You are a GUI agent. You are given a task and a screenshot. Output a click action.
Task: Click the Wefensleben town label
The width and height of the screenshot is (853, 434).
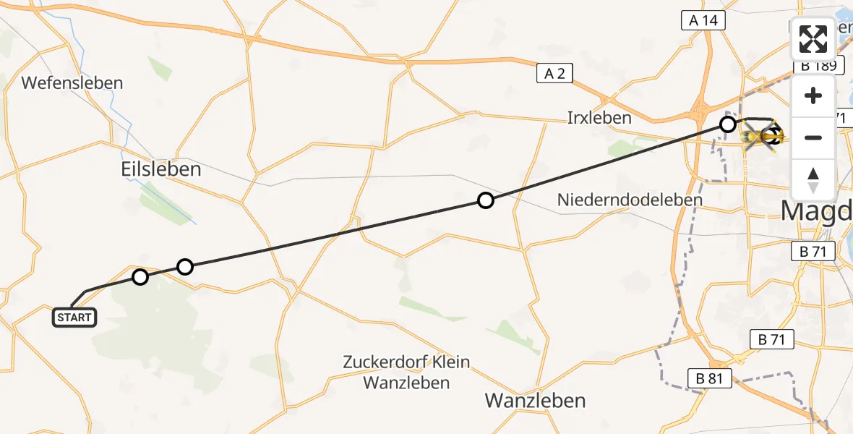(x=72, y=83)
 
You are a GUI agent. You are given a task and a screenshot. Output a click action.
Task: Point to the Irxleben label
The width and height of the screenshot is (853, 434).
(x=600, y=118)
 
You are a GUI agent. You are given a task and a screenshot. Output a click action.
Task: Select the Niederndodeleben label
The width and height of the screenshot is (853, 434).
(x=630, y=200)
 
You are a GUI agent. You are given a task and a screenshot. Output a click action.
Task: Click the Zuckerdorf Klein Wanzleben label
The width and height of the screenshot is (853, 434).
(x=406, y=372)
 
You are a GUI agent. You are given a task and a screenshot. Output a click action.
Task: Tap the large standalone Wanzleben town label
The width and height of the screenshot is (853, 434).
(x=535, y=400)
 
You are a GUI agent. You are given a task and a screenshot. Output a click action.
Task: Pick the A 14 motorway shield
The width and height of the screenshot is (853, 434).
(x=703, y=21)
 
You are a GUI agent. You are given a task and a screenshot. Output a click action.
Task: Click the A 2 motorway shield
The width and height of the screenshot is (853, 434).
(x=554, y=73)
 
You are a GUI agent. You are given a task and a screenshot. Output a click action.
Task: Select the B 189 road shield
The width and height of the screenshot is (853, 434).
(x=817, y=66)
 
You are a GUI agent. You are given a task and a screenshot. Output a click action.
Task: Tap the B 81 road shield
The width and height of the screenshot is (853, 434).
(x=709, y=378)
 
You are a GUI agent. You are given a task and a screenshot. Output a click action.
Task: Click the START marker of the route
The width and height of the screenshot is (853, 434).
(x=74, y=317)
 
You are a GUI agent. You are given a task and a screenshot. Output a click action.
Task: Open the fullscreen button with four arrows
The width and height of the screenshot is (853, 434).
(x=813, y=39)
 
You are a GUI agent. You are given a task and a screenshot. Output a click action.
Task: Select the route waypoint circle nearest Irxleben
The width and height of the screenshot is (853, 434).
(x=728, y=125)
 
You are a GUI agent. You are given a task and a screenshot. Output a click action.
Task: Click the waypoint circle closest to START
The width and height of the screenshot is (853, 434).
(x=140, y=276)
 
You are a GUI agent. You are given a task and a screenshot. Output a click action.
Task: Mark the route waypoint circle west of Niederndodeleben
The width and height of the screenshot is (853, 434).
(x=486, y=200)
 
